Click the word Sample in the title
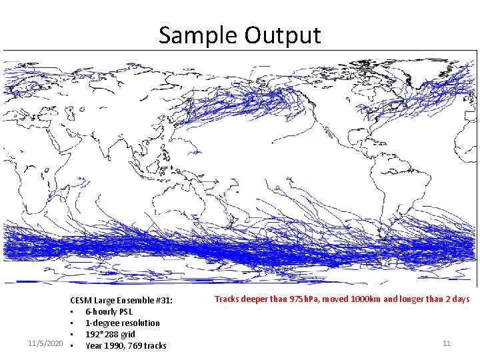(x=198, y=35)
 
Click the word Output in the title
(x=283, y=35)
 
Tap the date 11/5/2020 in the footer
(x=46, y=343)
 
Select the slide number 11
(x=447, y=343)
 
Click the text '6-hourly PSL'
(x=109, y=311)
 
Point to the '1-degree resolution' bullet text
(x=123, y=323)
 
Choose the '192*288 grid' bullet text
(x=110, y=334)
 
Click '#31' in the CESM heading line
(x=164, y=301)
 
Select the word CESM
(x=81, y=301)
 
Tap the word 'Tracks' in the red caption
(x=227, y=299)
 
